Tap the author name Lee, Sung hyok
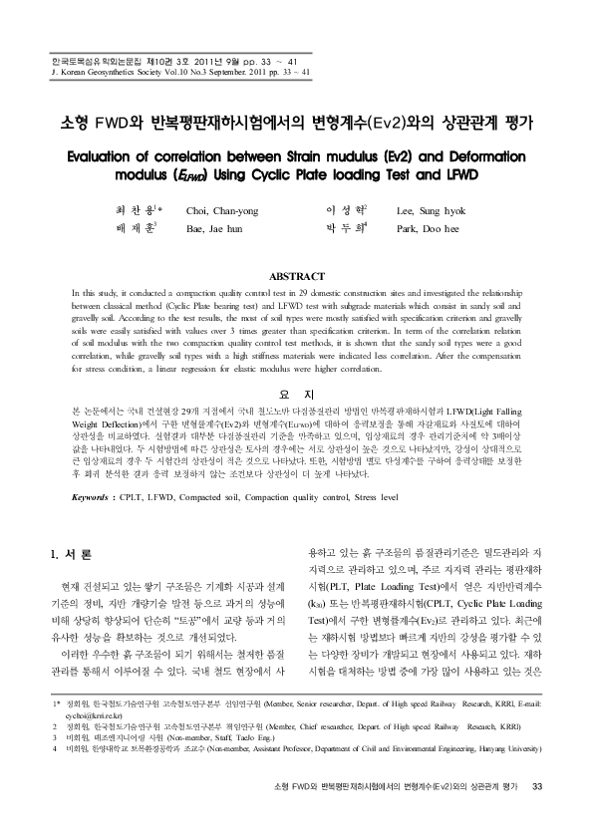click(432, 209)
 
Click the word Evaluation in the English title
click(106, 156)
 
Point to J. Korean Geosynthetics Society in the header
click(110, 73)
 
